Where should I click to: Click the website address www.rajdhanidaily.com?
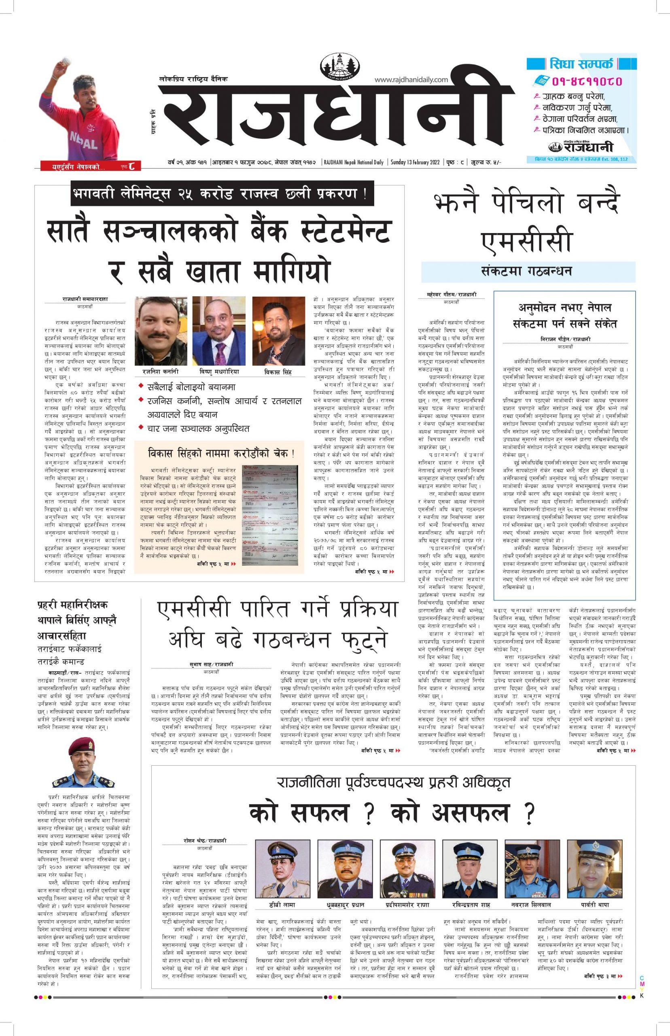click(x=411, y=80)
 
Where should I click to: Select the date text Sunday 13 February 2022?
click(x=416, y=162)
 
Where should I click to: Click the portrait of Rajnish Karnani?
click(x=161, y=331)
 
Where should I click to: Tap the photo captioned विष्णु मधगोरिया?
click(x=219, y=331)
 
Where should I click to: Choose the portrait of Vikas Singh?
click(x=278, y=331)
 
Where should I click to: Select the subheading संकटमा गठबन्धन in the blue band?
click(x=528, y=271)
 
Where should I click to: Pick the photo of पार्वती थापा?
click(x=594, y=870)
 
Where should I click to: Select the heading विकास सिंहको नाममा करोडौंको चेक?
click(x=221, y=453)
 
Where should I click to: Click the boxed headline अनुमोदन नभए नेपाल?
click(x=564, y=308)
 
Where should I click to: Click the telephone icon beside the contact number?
click(x=541, y=81)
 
